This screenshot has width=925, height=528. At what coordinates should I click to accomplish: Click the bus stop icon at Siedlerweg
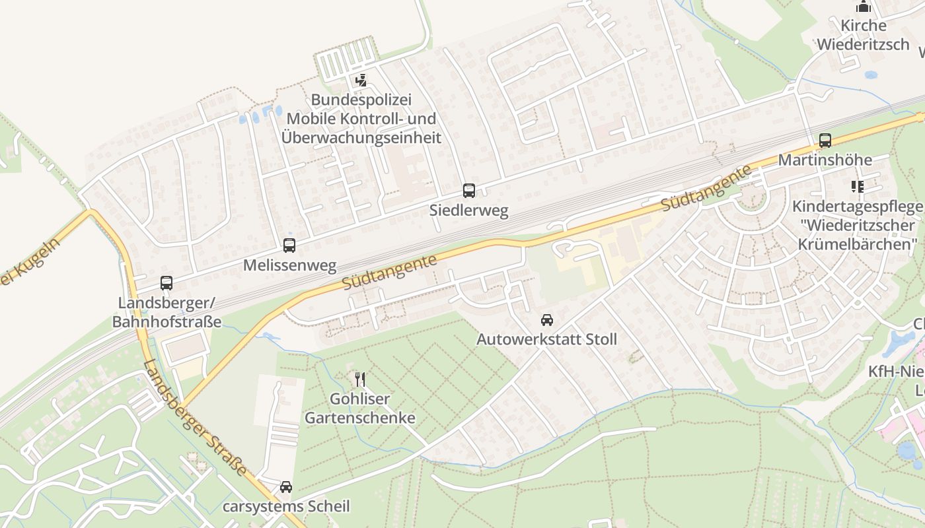469,191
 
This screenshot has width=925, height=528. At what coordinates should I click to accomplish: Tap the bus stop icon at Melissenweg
289,246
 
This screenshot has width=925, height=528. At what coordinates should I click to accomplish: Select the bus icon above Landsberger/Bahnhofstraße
166,283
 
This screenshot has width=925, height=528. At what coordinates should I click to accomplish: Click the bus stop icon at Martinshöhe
825,140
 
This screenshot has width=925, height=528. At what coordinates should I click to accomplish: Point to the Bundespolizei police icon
361,81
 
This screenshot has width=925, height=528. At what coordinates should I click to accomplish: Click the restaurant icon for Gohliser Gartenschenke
360,379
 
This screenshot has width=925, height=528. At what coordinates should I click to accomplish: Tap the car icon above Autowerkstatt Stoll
547,320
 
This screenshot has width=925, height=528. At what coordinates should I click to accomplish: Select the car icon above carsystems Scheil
286,487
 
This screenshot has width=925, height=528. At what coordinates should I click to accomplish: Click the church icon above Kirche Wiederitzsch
864,7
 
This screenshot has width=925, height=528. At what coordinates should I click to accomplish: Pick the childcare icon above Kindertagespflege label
858,187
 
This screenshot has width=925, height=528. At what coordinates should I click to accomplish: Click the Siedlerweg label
469,211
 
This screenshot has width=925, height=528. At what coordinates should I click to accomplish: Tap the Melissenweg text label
289,265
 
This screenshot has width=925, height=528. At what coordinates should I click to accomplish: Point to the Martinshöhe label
825,160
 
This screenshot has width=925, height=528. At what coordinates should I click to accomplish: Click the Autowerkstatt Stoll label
547,339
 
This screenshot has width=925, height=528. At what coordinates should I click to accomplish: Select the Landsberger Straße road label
196,418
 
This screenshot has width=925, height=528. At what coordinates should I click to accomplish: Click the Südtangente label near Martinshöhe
706,188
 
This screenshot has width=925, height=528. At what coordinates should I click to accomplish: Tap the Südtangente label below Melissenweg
389,272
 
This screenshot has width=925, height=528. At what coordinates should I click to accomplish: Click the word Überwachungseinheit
361,137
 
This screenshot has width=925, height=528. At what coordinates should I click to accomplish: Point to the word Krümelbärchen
858,244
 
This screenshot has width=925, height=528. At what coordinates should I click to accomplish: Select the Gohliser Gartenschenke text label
360,408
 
